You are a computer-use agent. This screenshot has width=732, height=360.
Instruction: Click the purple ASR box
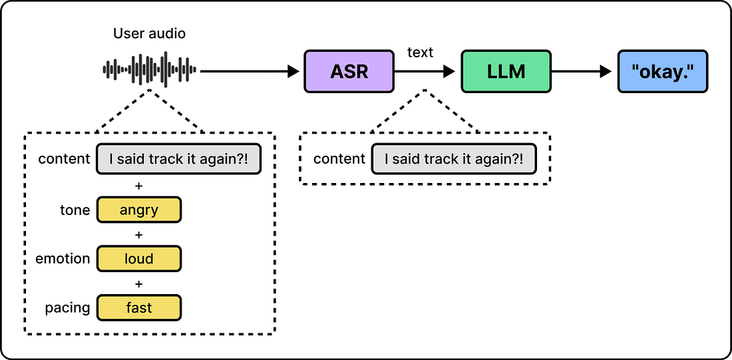349,71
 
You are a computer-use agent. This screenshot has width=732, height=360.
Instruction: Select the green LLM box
506,71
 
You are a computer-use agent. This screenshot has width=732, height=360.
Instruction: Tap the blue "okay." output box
663,71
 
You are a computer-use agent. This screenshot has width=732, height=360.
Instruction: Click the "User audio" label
149,34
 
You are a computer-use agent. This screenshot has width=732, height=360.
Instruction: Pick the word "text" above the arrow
421,53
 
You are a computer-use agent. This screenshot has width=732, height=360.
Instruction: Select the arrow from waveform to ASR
250,71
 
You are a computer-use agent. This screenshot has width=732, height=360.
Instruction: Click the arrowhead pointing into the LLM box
449,71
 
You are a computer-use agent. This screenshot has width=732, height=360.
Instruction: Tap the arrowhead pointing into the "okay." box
606,71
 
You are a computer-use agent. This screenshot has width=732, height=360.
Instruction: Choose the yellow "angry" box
138,210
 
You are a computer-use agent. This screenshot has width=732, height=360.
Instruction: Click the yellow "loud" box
138,259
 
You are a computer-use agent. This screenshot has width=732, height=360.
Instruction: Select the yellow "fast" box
138,307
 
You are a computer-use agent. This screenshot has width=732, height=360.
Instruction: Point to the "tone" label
75,210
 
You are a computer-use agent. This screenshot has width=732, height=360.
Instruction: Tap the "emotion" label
63,259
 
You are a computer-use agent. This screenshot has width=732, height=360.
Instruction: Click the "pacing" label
68,308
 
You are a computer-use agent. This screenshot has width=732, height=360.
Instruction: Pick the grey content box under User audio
178,159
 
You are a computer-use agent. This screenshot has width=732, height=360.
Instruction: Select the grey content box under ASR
454,159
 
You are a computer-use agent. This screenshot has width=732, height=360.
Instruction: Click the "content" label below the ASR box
339,159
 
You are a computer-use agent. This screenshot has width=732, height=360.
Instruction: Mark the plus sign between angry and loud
138,234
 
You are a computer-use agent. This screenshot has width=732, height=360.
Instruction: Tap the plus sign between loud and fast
138,283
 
